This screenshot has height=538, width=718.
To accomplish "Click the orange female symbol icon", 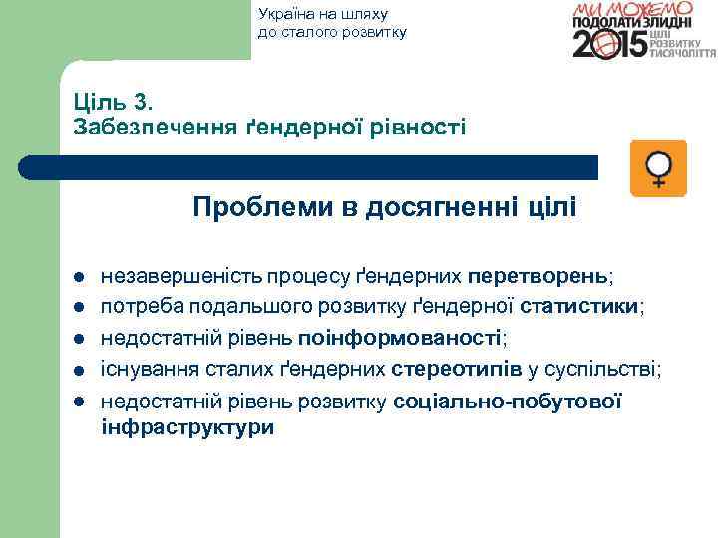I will tap(659, 168).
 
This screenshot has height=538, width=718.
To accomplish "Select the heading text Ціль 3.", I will tap(113, 102).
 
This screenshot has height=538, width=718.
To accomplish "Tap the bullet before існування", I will tap(76, 371).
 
